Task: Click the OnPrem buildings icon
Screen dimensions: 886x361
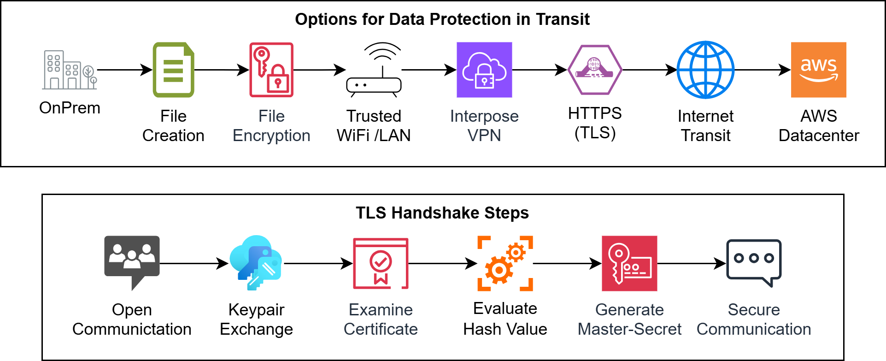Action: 70,70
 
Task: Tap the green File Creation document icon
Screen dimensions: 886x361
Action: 173,70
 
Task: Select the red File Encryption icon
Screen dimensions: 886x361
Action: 271,70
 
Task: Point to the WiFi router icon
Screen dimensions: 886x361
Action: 374,70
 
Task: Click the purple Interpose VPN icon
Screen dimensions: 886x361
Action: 484,70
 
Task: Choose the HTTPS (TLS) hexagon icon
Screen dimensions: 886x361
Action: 595,70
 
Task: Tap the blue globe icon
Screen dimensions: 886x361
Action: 705,70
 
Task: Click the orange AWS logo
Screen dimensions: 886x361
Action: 819,70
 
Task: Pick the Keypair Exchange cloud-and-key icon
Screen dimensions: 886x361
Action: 256,263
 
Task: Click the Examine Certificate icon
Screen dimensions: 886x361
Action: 381,263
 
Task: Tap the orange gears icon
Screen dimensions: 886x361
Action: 505,263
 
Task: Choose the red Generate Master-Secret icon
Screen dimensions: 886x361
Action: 629,263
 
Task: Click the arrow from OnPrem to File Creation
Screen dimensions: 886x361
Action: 125,70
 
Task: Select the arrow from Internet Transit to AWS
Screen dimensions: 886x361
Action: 763,70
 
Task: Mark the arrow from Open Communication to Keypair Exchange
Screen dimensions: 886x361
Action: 194,264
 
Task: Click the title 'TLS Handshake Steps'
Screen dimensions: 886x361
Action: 442,213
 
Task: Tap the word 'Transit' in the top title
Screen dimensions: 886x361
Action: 563,19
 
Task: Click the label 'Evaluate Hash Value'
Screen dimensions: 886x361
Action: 505,319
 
